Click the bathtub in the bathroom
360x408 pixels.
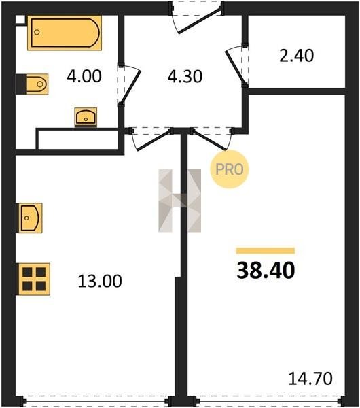[65, 33]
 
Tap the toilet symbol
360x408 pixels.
[32, 84]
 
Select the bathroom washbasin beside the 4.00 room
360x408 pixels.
[86, 118]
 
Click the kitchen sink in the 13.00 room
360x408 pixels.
[30, 218]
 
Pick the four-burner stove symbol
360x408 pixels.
[34, 279]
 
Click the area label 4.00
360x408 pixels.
[84, 76]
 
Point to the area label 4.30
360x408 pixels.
[185, 76]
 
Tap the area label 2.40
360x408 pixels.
[297, 56]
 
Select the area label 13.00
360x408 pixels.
[100, 281]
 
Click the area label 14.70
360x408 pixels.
[310, 379]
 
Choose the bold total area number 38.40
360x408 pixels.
[266, 271]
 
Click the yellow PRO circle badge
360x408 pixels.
[230, 169]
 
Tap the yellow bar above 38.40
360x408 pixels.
[266, 250]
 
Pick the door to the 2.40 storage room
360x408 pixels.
[235, 67]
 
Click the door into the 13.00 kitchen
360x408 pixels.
[154, 141]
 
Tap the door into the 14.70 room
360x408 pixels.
[210, 141]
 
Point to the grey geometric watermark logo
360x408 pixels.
[179, 201]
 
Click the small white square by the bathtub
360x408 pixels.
[20, 20]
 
